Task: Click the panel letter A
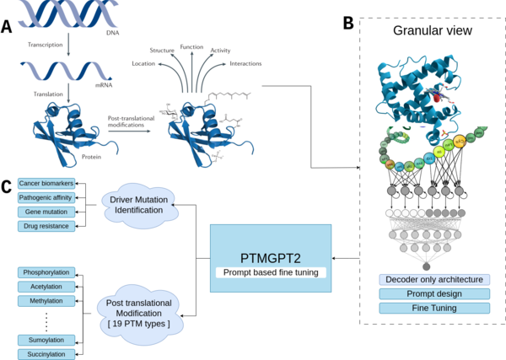pyautogui.click(x=8, y=28)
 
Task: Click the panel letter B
pyautogui.click(x=347, y=24)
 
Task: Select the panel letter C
pyautogui.click(x=8, y=186)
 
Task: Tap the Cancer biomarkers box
pyautogui.click(x=46, y=184)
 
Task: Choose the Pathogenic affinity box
pyautogui.click(x=46, y=197)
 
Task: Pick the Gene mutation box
pyautogui.click(x=46, y=212)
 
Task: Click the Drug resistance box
pyautogui.click(x=46, y=225)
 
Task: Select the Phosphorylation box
pyautogui.click(x=46, y=272)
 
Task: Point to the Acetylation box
pyautogui.click(x=46, y=286)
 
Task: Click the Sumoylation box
pyautogui.click(x=46, y=339)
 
